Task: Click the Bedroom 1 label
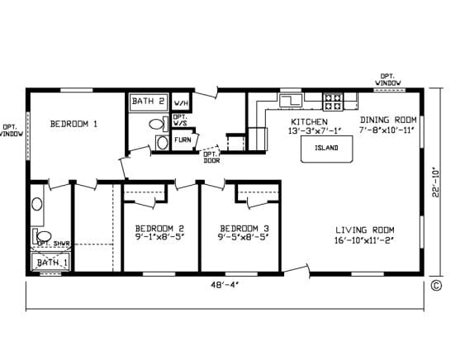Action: (74, 124)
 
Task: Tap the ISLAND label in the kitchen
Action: (326, 148)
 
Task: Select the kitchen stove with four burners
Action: (333, 102)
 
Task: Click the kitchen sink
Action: (291, 100)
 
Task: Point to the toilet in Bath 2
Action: (159, 124)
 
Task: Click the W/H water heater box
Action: (181, 102)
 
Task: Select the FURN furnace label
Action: (183, 140)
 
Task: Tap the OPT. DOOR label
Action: (211, 157)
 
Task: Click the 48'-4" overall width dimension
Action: (225, 285)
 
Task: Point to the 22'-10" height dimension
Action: (435, 183)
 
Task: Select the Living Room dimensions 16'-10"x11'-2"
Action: (364, 240)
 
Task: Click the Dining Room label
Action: (388, 120)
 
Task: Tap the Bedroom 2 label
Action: (159, 229)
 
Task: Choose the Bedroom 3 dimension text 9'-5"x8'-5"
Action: (244, 237)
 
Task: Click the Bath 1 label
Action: (52, 263)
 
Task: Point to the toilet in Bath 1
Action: (42, 236)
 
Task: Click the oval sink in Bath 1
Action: (37, 204)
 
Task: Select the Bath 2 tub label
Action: (148, 101)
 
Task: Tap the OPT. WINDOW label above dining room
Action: (388, 80)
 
